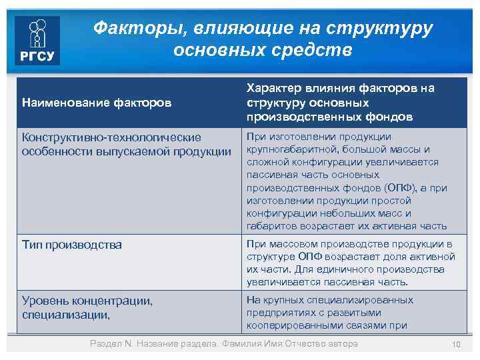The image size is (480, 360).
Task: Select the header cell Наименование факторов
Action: [x=96, y=103]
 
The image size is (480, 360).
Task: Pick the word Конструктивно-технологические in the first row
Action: [x=111, y=137]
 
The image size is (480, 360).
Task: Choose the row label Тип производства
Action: [x=72, y=245]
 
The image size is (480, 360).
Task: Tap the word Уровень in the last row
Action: [x=47, y=301]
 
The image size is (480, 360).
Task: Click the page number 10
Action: [x=457, y=344]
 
